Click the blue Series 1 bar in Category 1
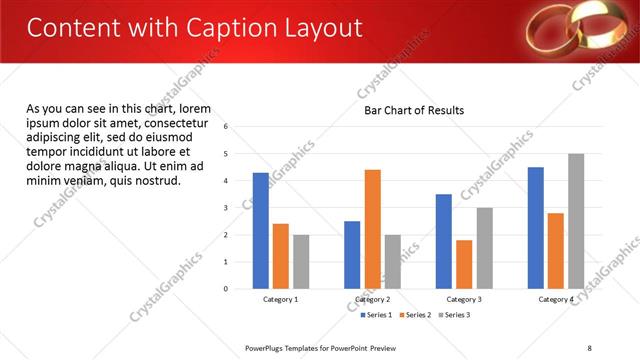(261, 231)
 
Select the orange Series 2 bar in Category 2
(372, 229)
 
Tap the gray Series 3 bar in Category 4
(576, 221)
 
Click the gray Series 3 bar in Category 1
(301, 262)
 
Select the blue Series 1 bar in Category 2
(352, 255)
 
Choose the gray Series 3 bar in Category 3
(484, 248)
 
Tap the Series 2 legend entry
(416, 315)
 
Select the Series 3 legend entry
(455, 315)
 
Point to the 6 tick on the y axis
(226, 127)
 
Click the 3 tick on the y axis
(226, 208)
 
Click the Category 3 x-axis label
(464, 299)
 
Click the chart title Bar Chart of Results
(414, 110)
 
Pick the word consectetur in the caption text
(178, 123)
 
